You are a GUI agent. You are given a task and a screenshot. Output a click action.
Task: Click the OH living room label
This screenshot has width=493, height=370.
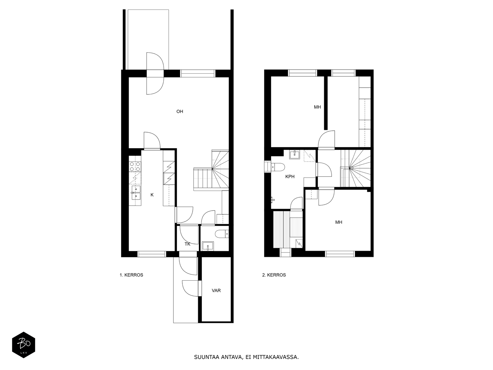tap(180, 111)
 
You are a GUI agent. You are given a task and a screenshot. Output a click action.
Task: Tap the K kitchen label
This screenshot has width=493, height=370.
tap(152, 195)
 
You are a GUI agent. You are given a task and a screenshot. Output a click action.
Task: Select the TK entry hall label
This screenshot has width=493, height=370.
tap(188, 244)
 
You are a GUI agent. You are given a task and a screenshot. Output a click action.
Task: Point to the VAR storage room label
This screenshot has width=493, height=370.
tap(216, 290)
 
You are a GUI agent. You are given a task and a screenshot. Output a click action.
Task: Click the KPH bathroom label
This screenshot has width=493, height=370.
tap(290, 177)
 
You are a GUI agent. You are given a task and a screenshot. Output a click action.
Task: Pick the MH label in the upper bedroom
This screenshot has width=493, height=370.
tap(317, 107)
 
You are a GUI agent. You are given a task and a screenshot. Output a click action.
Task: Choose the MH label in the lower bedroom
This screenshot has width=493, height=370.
tap(339, 222)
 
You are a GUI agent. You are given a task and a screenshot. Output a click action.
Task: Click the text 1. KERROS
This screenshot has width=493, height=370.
tap(131, 275)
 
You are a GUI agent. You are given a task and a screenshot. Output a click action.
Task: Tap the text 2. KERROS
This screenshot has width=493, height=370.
tap(274, 275)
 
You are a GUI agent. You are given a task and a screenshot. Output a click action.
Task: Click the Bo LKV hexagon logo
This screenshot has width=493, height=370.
tap(24, 345)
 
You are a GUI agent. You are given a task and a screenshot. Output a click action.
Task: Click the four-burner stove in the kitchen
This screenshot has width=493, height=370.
tap(135, 166)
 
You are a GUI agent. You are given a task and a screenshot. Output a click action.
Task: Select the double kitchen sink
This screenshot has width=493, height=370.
tap(136, 192)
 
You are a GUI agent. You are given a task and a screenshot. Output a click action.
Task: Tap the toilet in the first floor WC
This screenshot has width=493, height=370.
tap(222, 234)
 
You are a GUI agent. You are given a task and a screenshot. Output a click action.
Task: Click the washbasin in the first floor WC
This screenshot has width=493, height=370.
tap(208, 246)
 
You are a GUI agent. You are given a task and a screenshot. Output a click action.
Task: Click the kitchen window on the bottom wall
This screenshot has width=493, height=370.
tap(152, 254)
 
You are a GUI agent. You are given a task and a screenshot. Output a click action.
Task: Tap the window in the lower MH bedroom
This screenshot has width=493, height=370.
tap(340, 254)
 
